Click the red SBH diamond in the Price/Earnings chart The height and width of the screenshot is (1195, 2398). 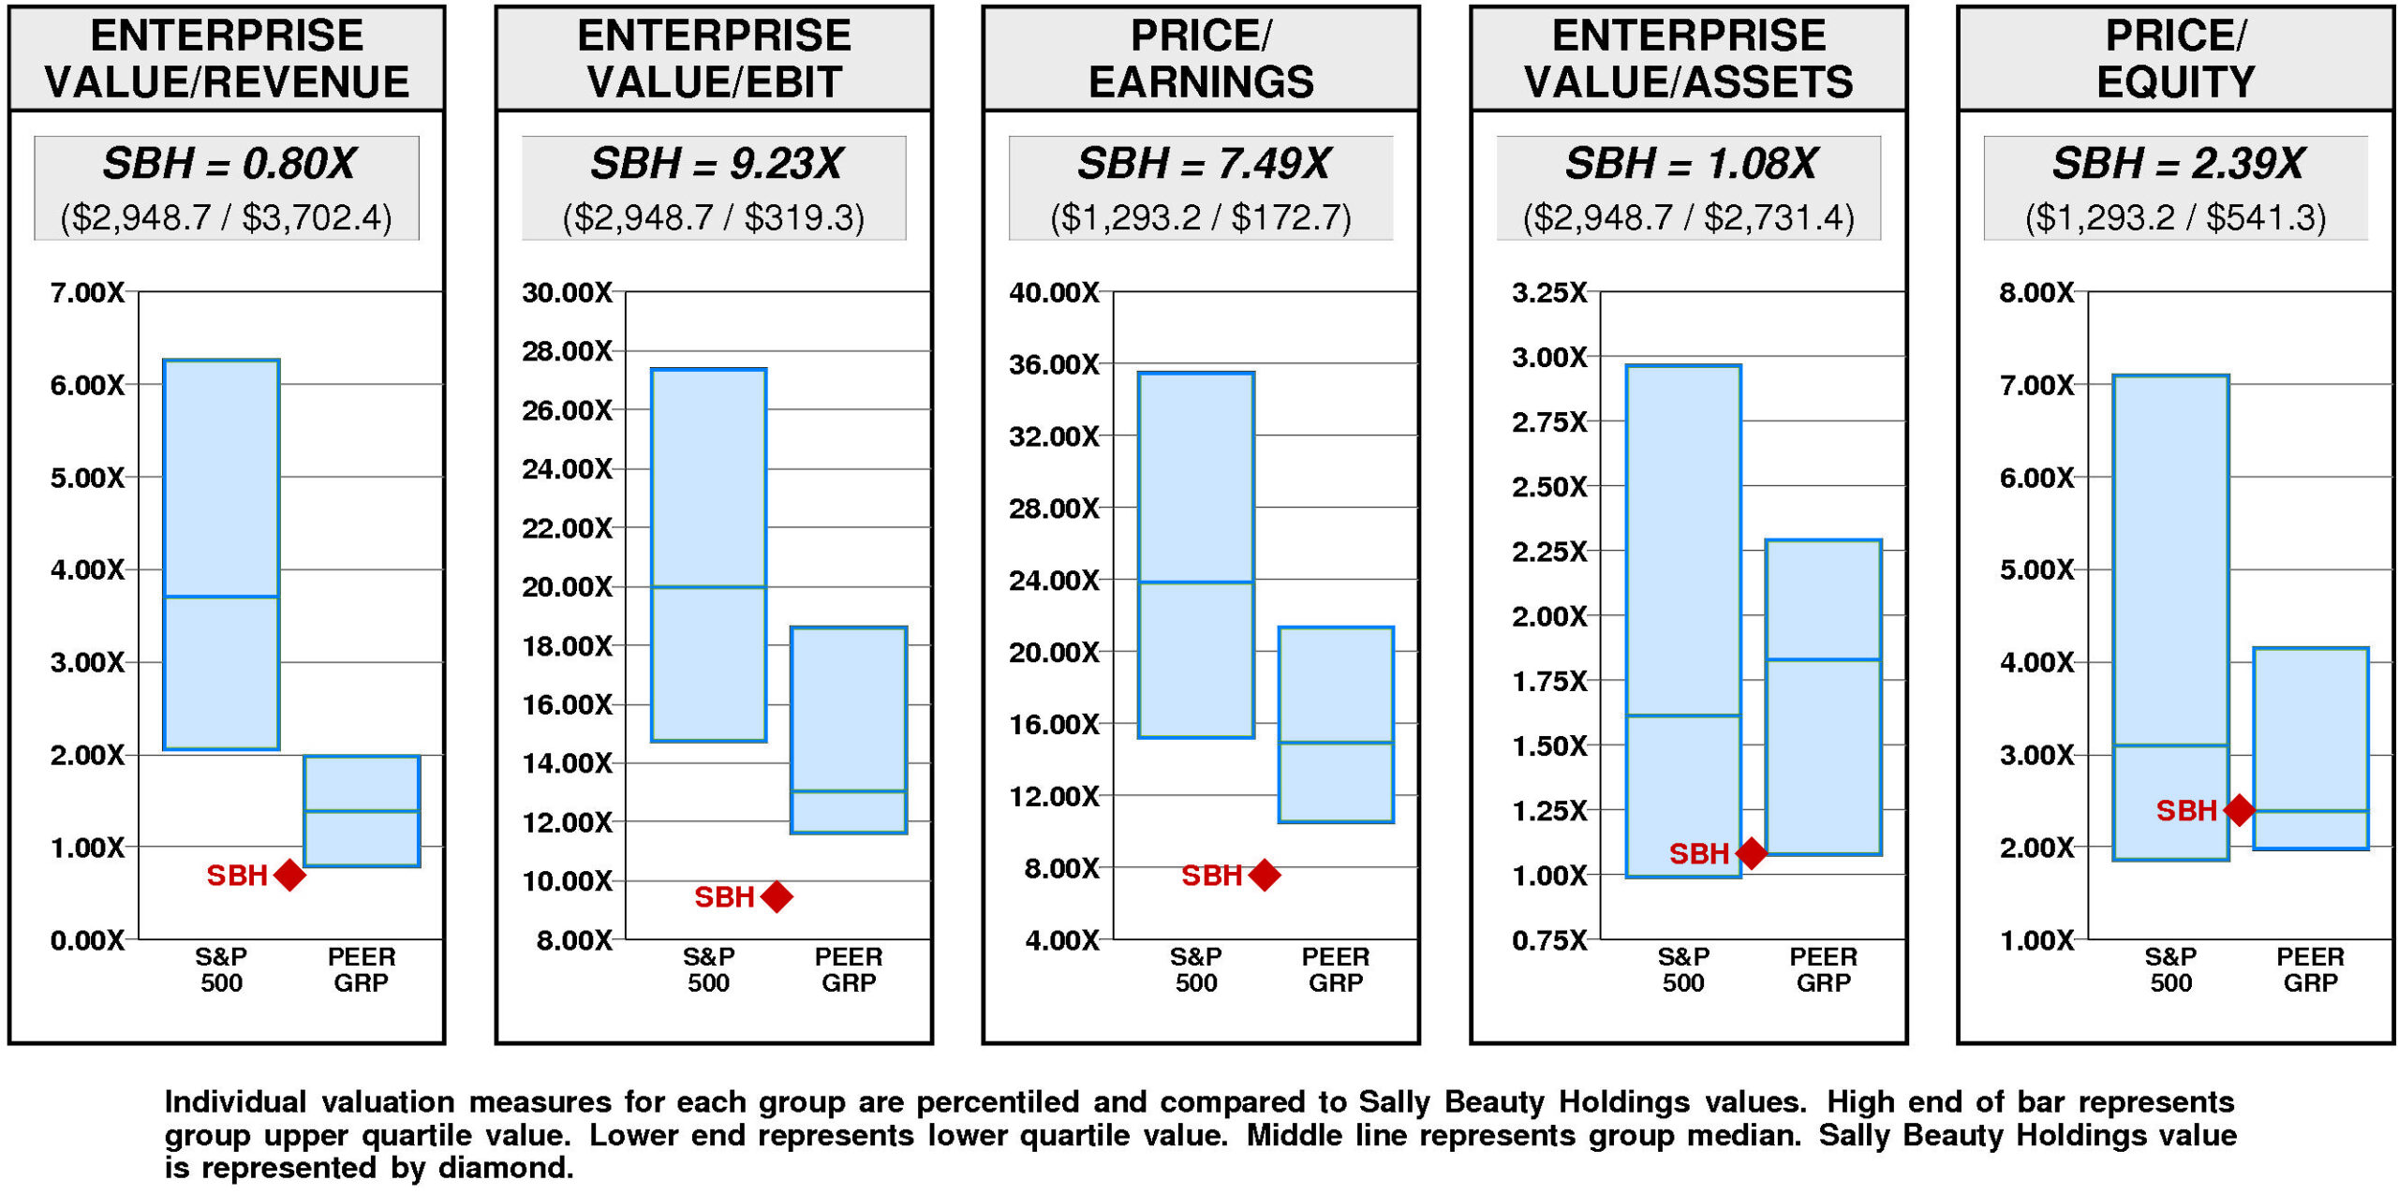(x=1264, y=875)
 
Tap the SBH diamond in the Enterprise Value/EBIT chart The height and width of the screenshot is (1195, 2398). (x=777, y=896)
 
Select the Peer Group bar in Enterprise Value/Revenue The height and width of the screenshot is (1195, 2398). (x=362, y=811)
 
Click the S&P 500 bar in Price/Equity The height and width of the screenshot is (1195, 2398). (x=2170, y=617)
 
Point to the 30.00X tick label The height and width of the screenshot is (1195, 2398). (x=567, y=293)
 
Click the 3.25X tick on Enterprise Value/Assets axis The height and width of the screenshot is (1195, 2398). (x=1549, y=293)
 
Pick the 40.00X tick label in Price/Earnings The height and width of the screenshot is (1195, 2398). (x=1054, y=293)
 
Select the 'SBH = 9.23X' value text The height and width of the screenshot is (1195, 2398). (x=716, y=164)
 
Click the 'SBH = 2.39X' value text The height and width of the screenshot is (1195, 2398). (x=2177, y=164)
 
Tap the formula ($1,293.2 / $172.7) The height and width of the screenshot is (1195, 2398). (x=1201, y=218)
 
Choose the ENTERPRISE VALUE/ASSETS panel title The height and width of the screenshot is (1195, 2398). (x=1688, y=58)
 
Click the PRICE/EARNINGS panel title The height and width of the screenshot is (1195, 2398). (x=1201, y=58)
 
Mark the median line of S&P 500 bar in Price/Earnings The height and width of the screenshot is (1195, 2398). (x=1196, y=583)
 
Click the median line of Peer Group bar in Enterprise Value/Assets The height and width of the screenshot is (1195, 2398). (x=1823, y=659)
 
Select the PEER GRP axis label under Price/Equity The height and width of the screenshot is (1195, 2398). (x=2310, y=969)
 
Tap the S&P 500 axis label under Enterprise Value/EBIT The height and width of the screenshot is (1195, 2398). (x=708, y=969)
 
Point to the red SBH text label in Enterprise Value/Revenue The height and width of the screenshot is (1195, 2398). (x=237, y=876)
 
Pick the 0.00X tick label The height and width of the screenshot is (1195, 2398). (x=87, y=940)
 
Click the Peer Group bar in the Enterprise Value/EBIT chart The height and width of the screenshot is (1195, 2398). (x=849, y=730)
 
